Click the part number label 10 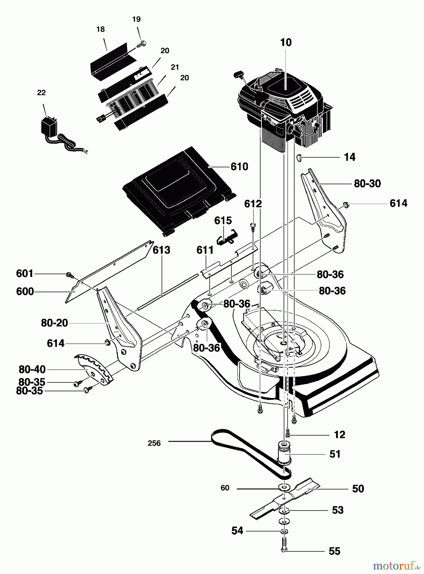pos(286,43)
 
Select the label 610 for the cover pos(239,167)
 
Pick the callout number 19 pos(136,19)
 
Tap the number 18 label pos(100,29)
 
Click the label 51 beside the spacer pos(335,454)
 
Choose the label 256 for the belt pos(154,443)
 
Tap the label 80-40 pos(32,370)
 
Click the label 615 pos(223,221)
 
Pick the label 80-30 pos(368,184)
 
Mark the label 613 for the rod pos(161,250)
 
